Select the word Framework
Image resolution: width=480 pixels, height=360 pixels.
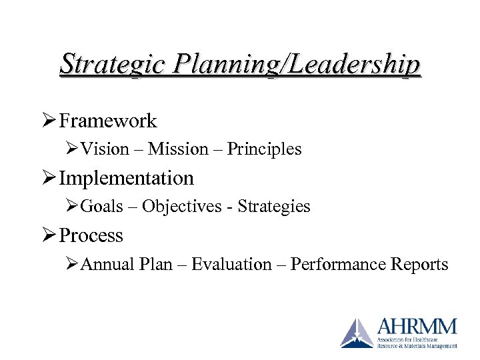(108, 121)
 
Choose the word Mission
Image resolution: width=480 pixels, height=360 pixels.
(178, 149)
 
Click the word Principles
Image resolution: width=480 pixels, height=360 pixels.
(264, 149)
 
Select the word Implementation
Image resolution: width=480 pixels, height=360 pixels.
(127, 178)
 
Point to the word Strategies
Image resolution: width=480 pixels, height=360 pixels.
(274, 207)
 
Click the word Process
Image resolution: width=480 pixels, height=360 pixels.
(91, 235)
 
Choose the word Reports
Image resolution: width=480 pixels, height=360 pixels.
(419, 265)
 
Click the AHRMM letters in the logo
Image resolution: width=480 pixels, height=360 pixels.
(417, 327)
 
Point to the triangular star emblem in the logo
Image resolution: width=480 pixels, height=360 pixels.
(357, 333)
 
